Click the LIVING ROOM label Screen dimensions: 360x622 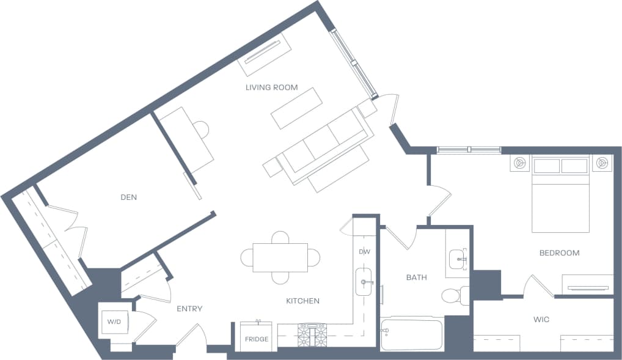tap(271, 87)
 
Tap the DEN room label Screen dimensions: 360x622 tap(128, 197)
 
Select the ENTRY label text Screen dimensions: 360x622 tap(189, 309)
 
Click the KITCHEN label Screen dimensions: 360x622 tap(302, 301)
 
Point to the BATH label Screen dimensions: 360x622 tap(416, 277)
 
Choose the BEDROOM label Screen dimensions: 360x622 tap(559, 253)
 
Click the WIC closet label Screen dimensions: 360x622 tap(542, 318)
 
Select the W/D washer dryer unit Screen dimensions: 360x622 tap(115, 321)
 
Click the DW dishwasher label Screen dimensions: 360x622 tap(365, 252)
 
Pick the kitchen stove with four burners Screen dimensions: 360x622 tap(312, 336)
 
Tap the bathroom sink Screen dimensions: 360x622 tap(457, 259)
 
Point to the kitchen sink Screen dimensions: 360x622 tap(365, 282)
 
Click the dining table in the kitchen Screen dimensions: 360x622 tap(280, 257)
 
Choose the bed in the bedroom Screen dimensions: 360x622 tap(560, 194)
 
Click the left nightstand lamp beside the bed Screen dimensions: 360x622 tap(519, 163)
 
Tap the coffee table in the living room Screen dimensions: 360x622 tap(296, 108)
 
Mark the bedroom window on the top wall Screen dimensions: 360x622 tap(469, 149)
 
